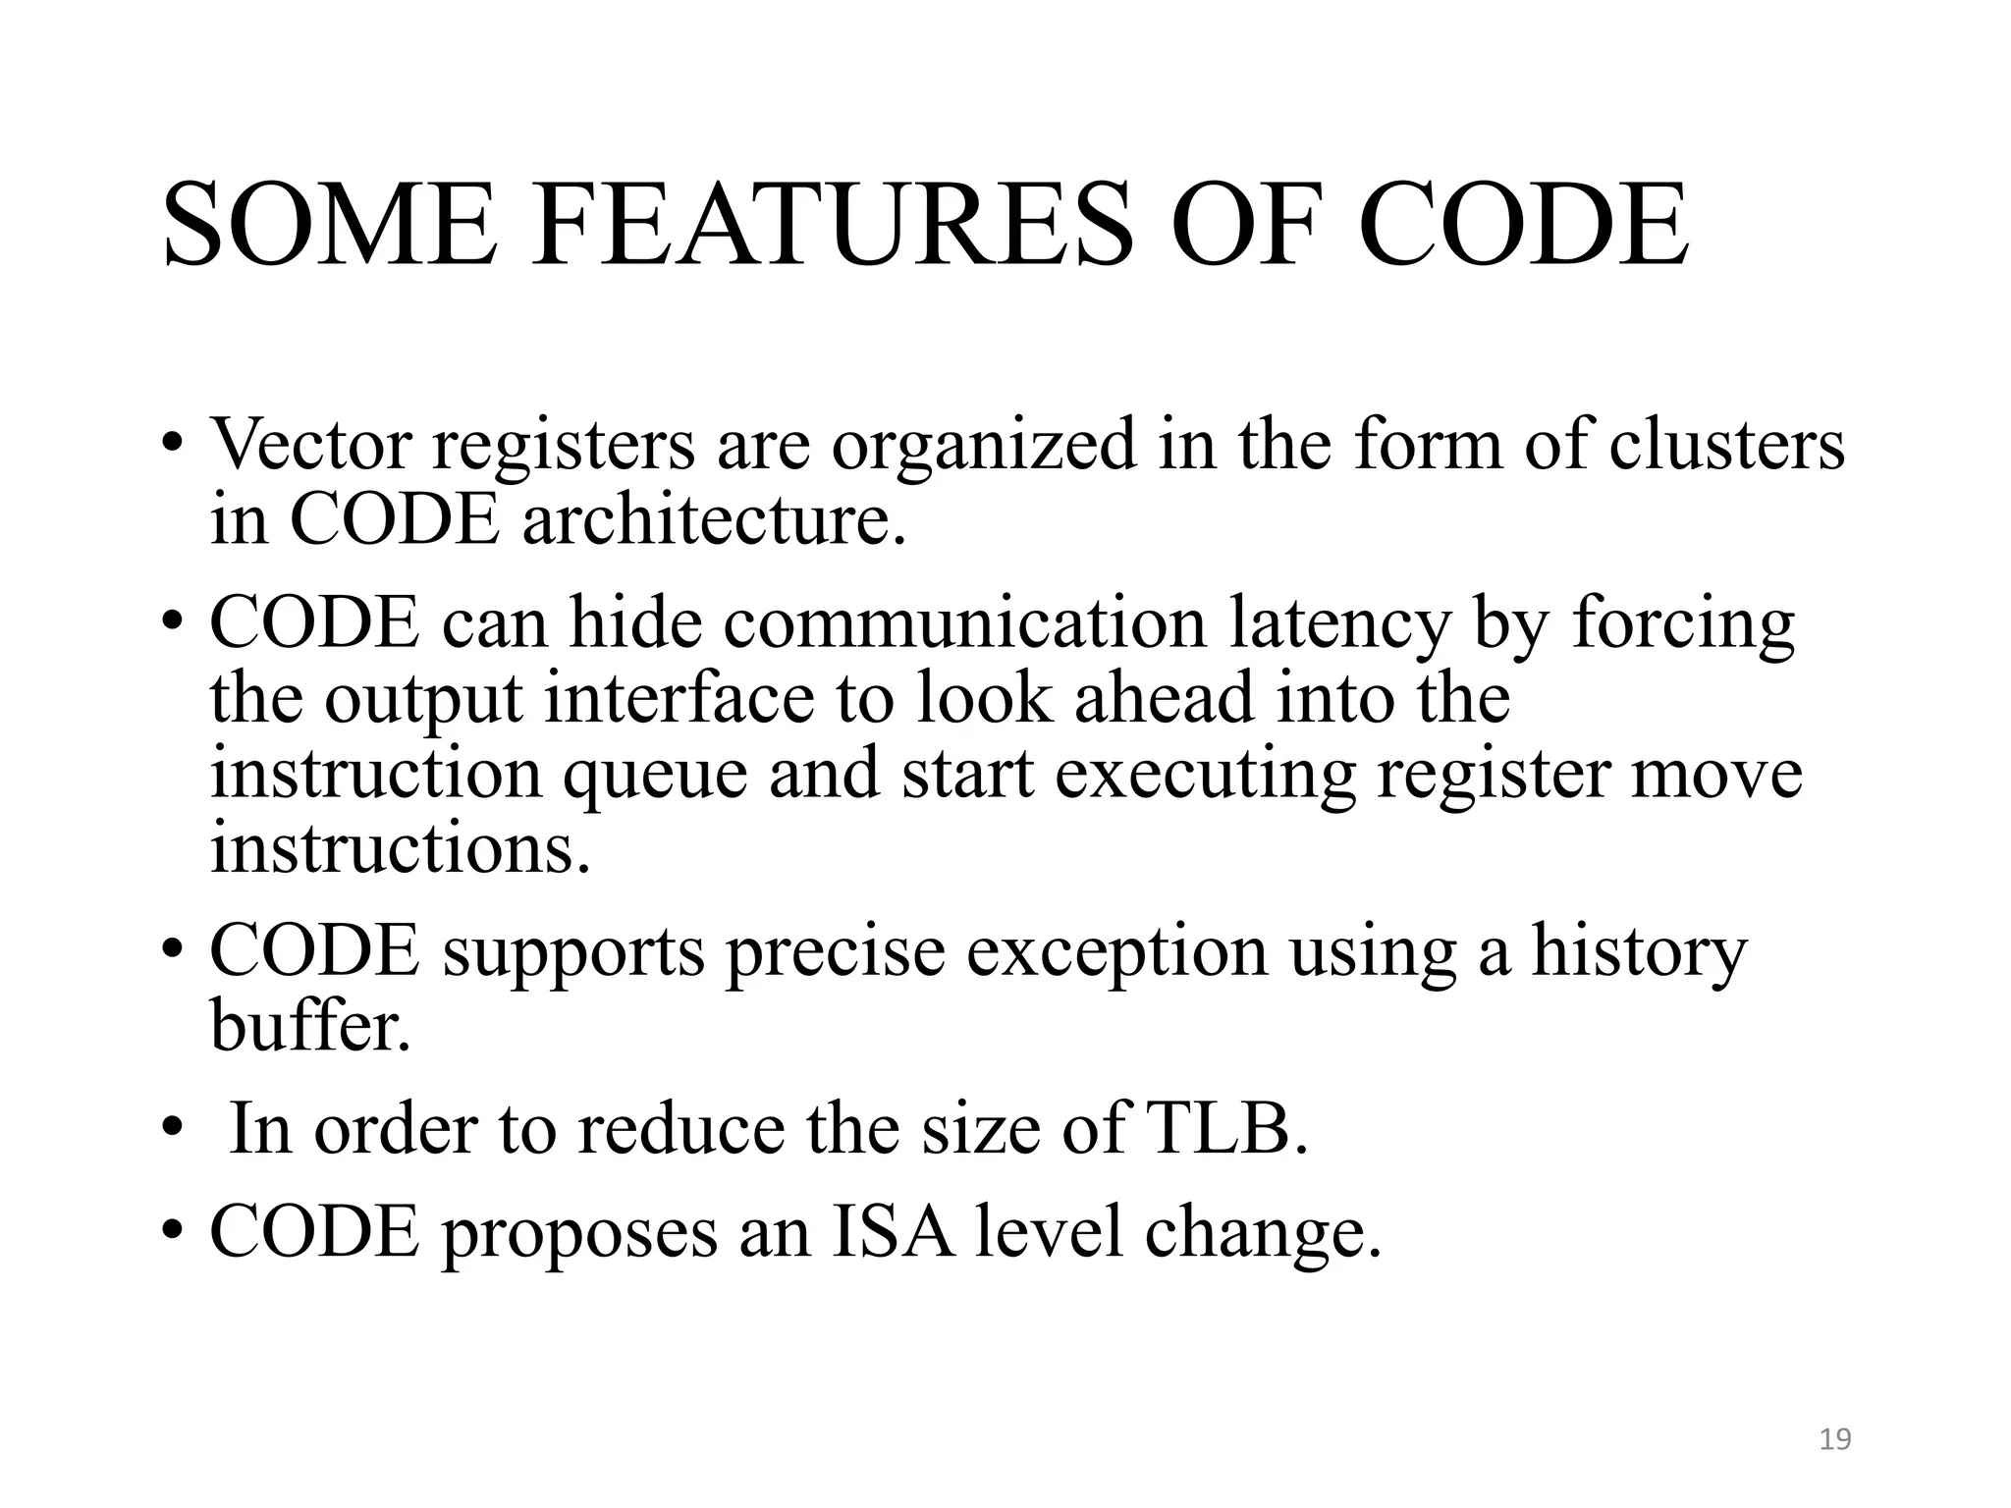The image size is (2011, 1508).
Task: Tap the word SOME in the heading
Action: click(x=330, y=225)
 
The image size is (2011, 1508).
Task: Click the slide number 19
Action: click(x=1835, y=1439)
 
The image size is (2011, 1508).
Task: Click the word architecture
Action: click(x=714, y=520)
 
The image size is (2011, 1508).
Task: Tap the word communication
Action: click(x=964, y=622)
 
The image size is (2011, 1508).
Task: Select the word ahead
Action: click(x=1164, y=698)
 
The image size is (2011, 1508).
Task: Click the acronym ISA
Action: click(x=892, y=1231)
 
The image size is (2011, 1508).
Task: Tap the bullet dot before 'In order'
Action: click(x=173, y=1129)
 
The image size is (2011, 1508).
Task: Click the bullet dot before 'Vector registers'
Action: click(x=173, y=444)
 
